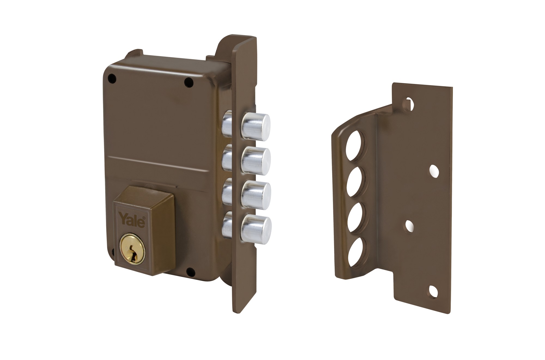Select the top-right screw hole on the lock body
(x=188, y=82)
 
